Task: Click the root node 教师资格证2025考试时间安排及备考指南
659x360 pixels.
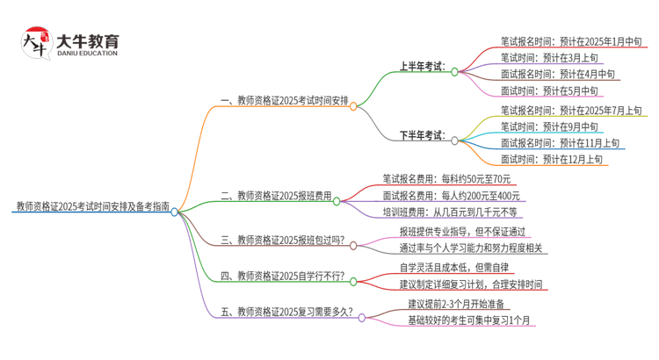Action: pos(92,208)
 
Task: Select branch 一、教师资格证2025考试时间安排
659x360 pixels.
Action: pos(280,101)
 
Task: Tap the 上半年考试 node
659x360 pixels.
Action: pos(422,66)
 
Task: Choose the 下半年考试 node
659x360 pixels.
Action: pos(422,135)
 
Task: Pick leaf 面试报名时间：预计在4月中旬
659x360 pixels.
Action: pos(554,74)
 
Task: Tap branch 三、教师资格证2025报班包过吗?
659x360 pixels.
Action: pos(282,239)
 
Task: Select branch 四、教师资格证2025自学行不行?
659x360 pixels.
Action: pos(282,276)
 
